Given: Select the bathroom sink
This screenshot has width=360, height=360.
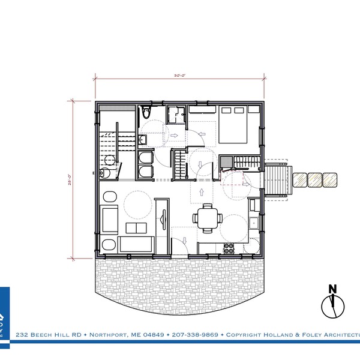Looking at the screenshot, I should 143,140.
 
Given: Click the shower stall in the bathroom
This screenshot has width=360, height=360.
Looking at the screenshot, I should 176,114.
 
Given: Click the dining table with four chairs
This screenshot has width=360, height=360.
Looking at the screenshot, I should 207,217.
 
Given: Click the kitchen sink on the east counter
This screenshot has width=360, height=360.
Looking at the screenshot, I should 255,224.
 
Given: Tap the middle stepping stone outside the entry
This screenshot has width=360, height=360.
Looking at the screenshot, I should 314,179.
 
